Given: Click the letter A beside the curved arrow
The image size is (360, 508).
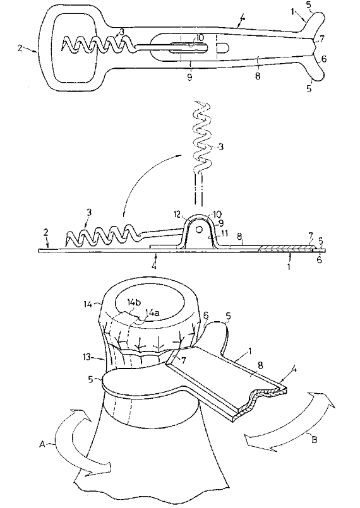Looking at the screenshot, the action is tap(42, 444).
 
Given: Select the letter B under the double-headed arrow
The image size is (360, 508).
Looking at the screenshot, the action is tap(314, 440).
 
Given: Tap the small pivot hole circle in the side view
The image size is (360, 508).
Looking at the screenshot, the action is tap(200, 228).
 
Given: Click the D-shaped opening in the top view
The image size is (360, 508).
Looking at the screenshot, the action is tap(222, 48).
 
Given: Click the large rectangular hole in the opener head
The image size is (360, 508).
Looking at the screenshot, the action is tap(76, 49).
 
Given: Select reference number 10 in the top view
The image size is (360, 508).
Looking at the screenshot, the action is tap(200, 37).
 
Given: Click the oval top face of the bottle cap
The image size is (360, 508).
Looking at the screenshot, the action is tap(150, 302).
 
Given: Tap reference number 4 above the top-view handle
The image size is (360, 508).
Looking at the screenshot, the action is tap(242, 19).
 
